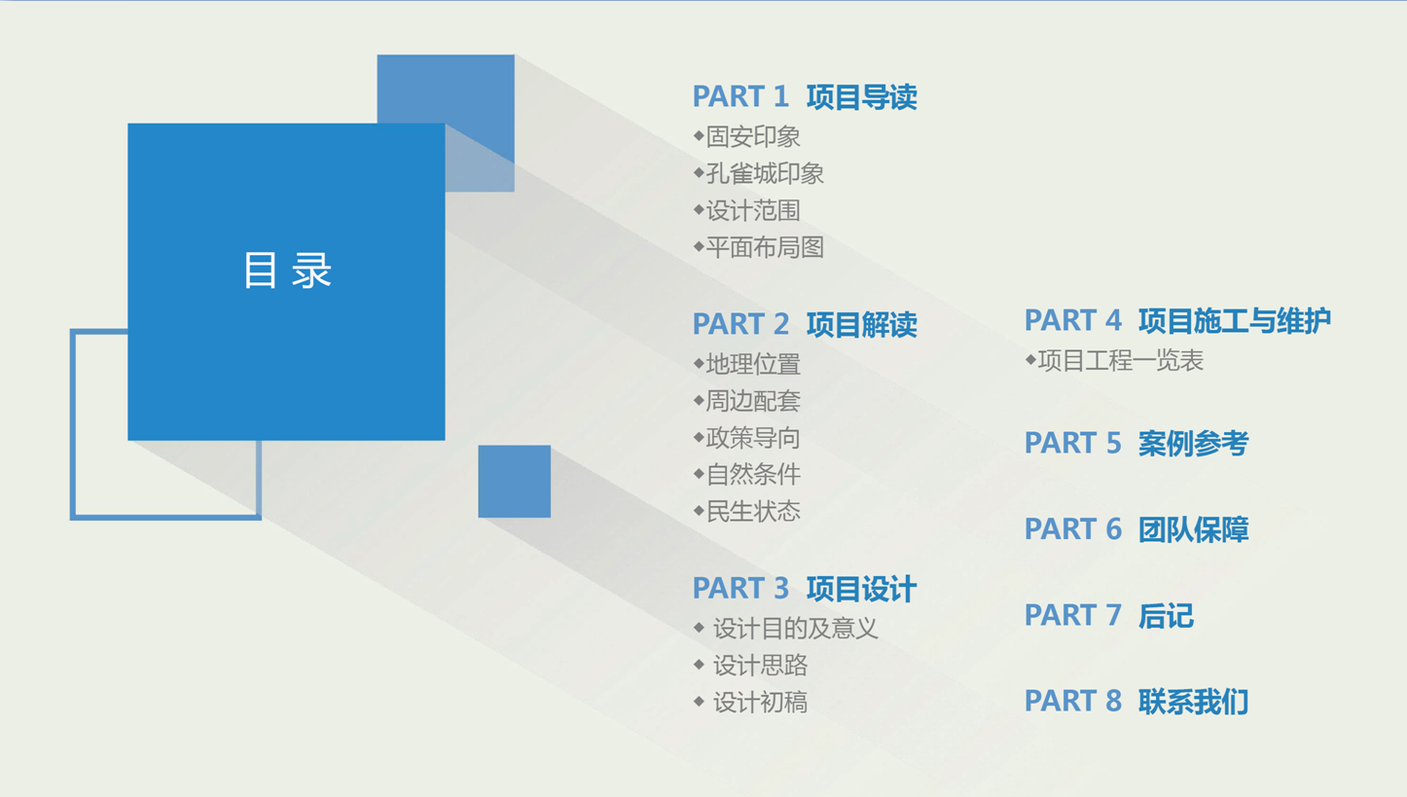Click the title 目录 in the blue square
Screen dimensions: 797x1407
point(287,271)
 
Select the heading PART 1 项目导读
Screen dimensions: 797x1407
point(804,97)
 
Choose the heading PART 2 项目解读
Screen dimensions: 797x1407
point(804,324)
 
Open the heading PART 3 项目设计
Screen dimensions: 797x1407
point(804,589)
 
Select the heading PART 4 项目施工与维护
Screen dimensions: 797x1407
point(1177,320)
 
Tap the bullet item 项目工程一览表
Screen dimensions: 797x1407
point(1119,361)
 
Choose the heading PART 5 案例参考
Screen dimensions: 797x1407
point(1136,444)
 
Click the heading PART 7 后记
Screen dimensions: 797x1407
point(1108,616)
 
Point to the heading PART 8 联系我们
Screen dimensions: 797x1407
point(1136,702)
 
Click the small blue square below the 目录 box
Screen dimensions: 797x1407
point(514,482)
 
